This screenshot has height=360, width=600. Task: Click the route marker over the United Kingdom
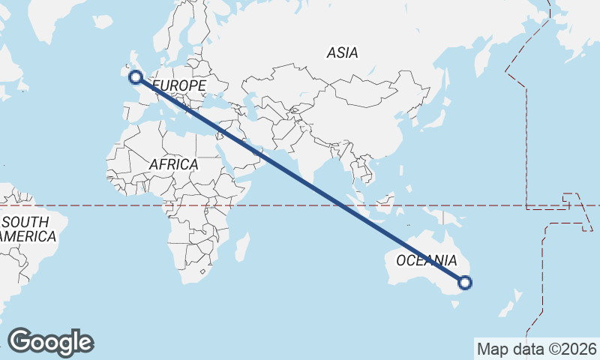[136, 76]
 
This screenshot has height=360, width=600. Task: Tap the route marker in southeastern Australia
[465, 283]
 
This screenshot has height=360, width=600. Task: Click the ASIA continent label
[342, 53]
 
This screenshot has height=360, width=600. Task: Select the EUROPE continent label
[180, 86]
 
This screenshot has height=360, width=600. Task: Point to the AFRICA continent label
[173, 163]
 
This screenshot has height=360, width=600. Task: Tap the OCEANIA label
[426, 260]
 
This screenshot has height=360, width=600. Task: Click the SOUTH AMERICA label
[28, 229]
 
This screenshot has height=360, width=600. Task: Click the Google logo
[51, 341]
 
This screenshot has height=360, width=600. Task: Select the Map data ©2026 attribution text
[537, 349]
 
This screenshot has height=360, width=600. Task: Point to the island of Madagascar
[241, 247]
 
